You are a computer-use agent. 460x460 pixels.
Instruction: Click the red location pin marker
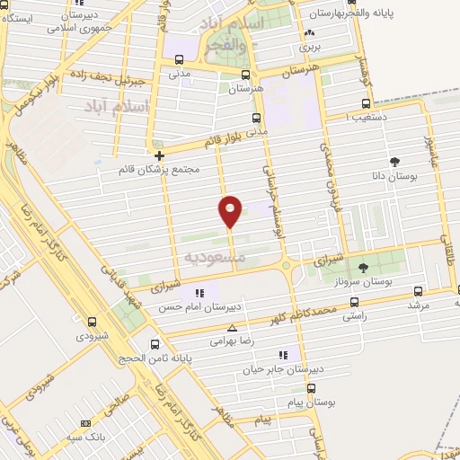click(231, 211)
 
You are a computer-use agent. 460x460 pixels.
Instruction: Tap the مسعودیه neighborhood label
click(214, 257)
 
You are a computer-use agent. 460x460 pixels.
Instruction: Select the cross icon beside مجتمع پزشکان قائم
click(159, 155)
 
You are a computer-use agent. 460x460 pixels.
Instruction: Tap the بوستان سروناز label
click(363, 282)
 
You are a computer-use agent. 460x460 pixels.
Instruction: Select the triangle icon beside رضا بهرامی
click(233, 328)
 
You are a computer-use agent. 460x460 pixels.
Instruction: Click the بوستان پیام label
click(312, 403)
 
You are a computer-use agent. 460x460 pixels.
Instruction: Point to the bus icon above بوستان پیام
click(312, 389)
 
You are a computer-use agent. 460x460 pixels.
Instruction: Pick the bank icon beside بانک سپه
click(86, 423)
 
